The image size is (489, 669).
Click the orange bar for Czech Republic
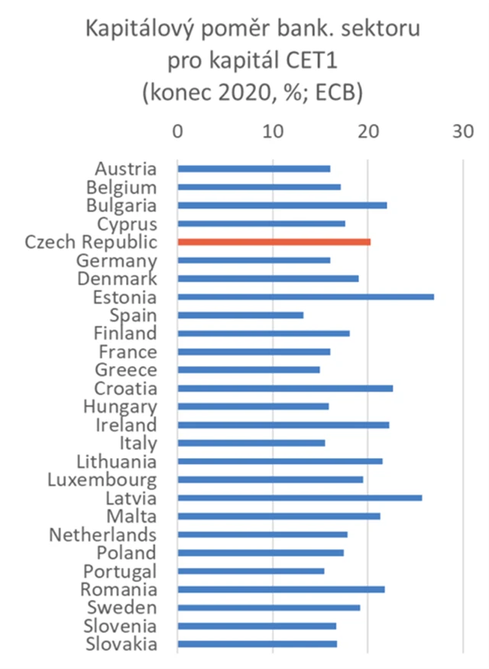(x=274, y=242)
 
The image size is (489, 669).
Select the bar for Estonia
(x=306, y=297)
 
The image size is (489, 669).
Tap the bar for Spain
(x=240, y=315)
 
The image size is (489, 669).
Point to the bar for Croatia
(x=285, y=388)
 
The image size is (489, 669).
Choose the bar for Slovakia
(x=257, y=644)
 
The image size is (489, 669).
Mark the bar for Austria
(x=254, y=169)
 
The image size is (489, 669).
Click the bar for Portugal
(x=251, y=571)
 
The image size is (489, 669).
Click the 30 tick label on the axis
(x=462, y=132)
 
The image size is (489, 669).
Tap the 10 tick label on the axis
(x=272, y=132)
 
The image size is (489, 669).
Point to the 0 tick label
(x=177, y=132)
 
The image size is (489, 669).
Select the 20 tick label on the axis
(x=368, y=132)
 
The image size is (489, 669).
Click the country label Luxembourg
(x=102, y=480)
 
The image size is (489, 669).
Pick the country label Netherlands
(x=102, y=534)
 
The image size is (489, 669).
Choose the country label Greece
(x=126, y=370)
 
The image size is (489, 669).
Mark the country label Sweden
(x=123, y=608)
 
